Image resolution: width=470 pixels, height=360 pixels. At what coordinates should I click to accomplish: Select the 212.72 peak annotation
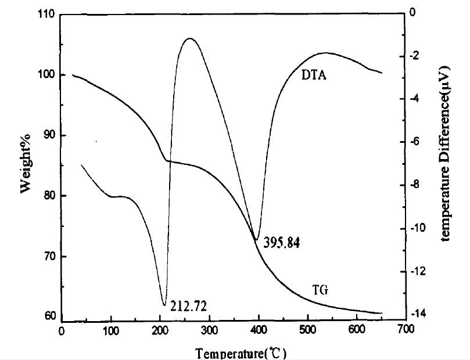[186, 304]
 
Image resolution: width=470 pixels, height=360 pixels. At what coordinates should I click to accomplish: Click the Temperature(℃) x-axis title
[241, 353]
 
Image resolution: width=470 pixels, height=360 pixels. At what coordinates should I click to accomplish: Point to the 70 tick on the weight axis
[49, 256]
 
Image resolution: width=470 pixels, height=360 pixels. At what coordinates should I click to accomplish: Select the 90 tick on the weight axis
[49, 135]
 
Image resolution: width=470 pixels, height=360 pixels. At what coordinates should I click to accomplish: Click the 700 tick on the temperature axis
[406, 329]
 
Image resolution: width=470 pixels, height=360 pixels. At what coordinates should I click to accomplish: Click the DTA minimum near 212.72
[164, 304]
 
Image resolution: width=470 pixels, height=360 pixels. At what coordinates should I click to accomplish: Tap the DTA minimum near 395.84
[256, 239]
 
